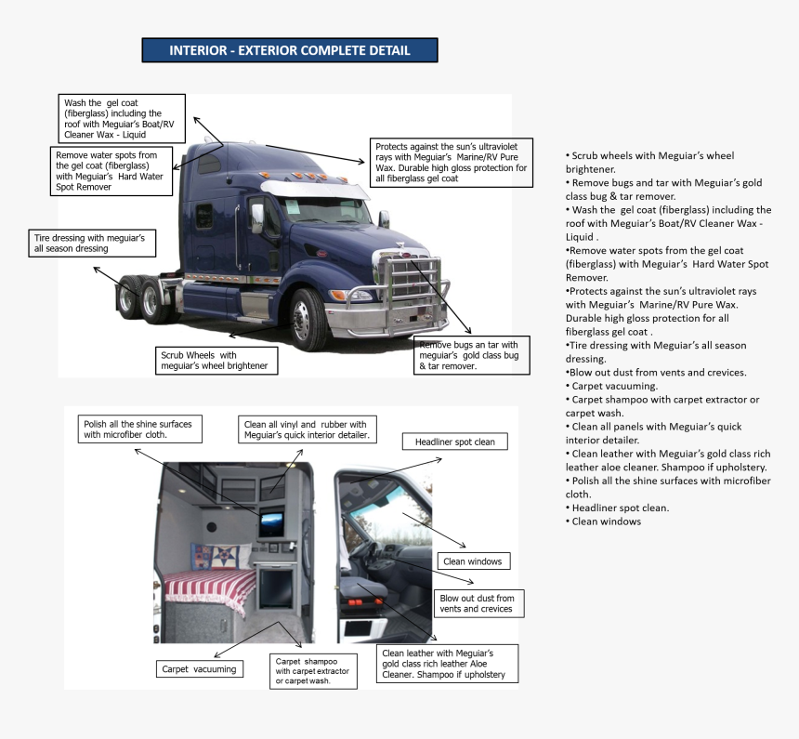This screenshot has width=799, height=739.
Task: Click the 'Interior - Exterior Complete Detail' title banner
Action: point(289,50)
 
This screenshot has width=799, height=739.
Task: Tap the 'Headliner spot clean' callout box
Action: point(454,442)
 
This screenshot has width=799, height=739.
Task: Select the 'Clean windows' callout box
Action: point(472,561)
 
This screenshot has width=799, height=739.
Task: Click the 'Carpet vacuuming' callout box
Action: point(199,668)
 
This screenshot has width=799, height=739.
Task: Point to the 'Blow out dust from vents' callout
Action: point(477,602)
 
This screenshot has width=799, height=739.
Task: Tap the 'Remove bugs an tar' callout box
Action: point(471,355)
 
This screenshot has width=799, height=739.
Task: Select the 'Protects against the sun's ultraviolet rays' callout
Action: point(452,163)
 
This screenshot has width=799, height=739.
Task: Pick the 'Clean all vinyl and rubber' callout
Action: point(306,429)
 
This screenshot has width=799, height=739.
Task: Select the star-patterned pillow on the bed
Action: point(224,557)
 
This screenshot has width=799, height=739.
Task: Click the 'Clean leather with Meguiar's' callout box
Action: point(448,664)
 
